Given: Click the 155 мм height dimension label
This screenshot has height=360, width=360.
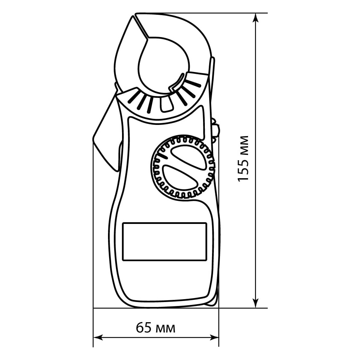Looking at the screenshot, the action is click(x=243, y=159).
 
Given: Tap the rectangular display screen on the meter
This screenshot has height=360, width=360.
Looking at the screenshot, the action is click(x=165, y=242).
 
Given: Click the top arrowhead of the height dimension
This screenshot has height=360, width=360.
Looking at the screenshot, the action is click(x=256, y=18).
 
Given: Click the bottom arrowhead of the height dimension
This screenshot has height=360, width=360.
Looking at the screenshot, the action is click(x=256, y=303).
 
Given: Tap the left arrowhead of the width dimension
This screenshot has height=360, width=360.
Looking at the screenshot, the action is click(x=98, y=337).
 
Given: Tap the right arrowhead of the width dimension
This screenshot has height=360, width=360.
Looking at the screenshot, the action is click(x=214, y=337).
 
